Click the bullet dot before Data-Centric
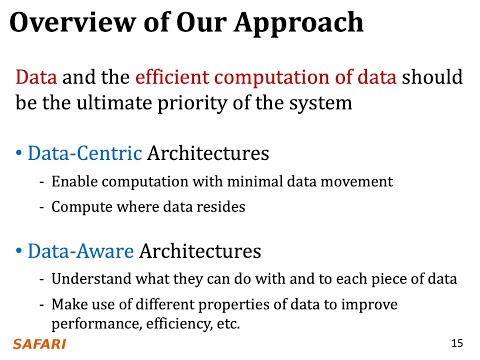[x=19, y=155]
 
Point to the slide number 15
[x=457, y=343]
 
